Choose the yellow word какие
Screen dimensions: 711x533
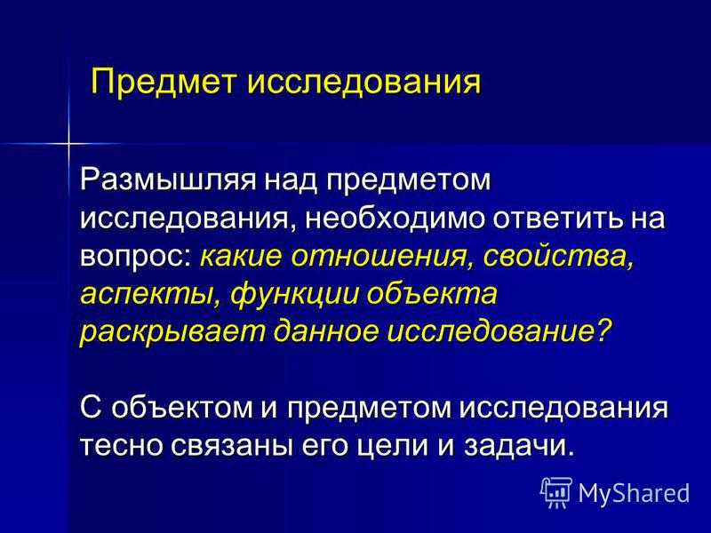tap(240, 256)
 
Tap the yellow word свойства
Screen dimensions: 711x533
tap(558, 257)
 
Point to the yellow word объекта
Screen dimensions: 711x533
tap(432, 294)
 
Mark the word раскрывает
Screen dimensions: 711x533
tap(172, 333)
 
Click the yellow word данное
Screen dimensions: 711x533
tap(325, 332)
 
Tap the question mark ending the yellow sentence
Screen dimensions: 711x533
tap(602, 331)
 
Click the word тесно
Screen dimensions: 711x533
tap(122, 447)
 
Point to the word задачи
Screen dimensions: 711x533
tap(516, 447)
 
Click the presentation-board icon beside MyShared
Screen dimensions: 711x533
tap(557, 492)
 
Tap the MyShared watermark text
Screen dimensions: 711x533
tap(634, 492)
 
